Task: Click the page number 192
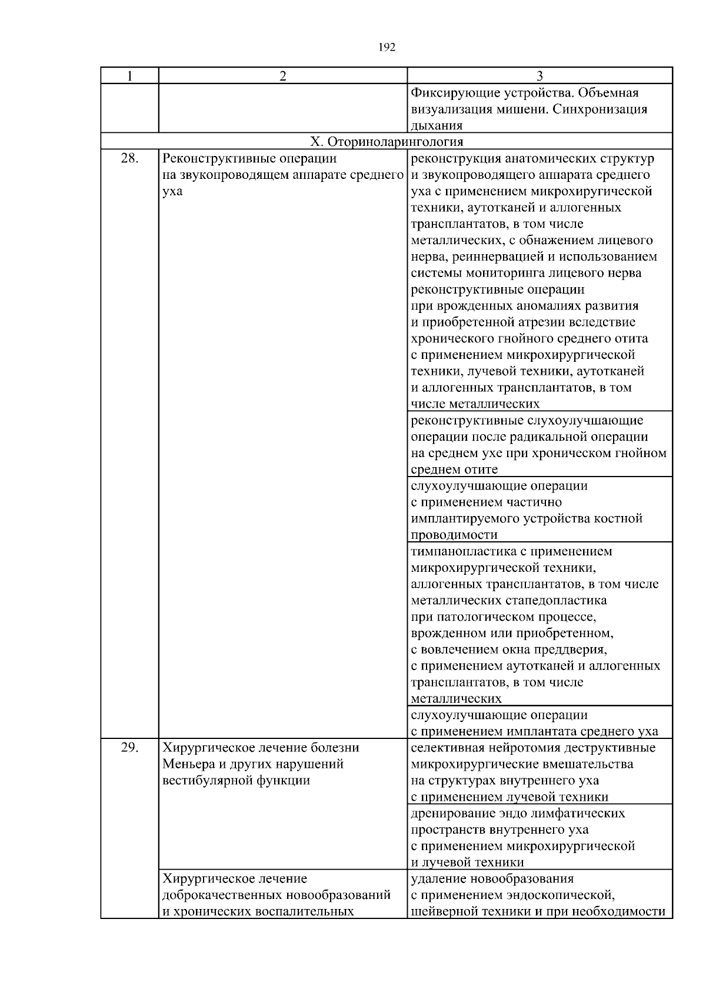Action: (x=387, y=48)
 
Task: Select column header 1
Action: (x=129, y=76)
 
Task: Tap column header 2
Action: (x=283, y=76)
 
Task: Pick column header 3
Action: (x=540, y=76)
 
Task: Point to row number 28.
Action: (x=129, y=158)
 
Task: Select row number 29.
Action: (x=129, y=748)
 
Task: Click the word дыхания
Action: (x=437, y=125)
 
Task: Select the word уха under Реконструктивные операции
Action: (x=172, y=191)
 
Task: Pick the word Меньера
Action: (x=189, y=764)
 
